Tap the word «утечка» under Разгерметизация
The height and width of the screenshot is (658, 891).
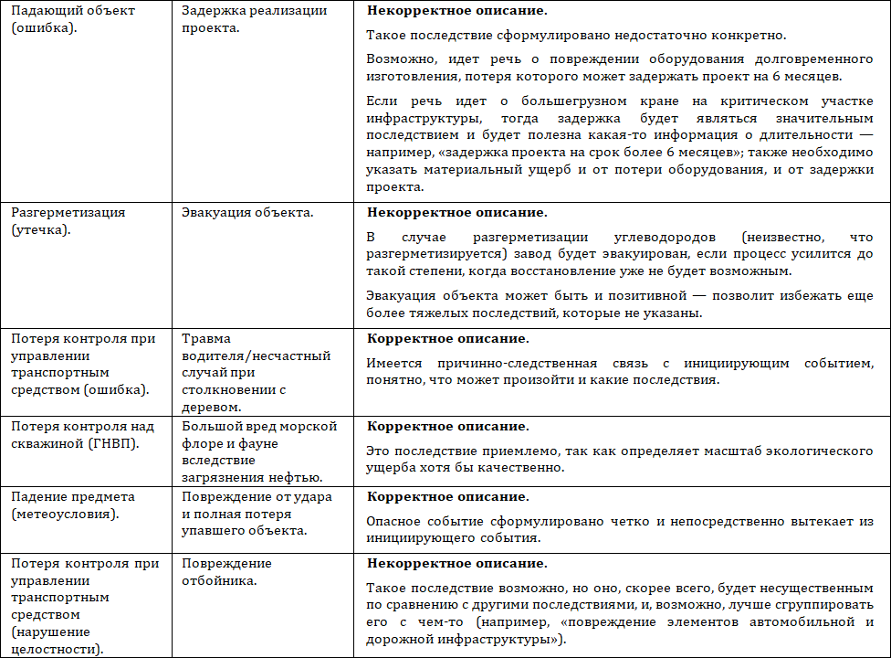(43, 229)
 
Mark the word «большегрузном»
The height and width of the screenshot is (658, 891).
(514, 101)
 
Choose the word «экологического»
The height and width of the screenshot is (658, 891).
(809, 451)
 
